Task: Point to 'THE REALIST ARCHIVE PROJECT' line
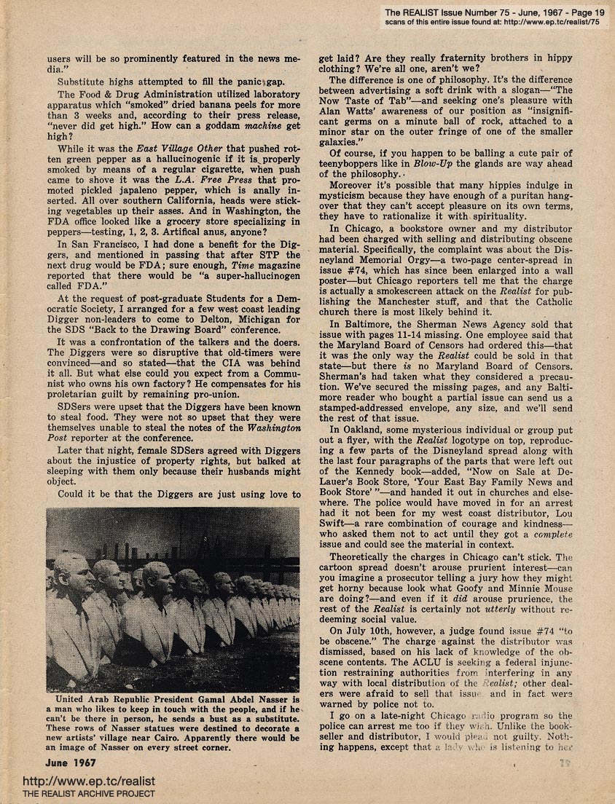click(89, 794)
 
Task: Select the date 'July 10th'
click(371, 628)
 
